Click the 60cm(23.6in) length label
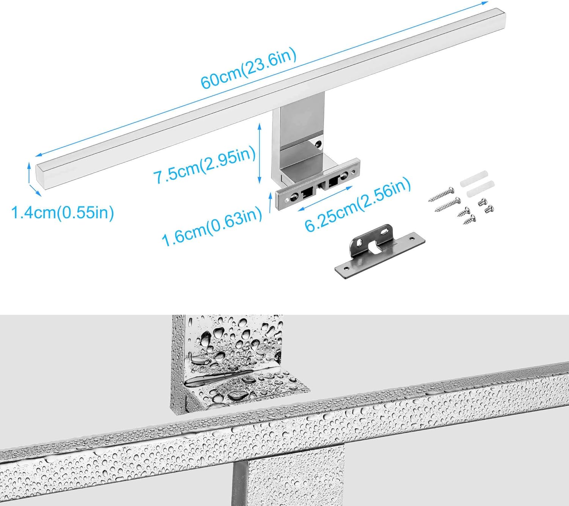coord(248,69)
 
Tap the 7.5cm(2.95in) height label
coord(204,166)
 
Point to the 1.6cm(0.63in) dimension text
coord(212,226)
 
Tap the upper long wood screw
coord(441,194)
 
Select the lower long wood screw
coord(448,205)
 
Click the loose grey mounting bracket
coord(380,251)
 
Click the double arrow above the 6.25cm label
coord(325,198)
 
